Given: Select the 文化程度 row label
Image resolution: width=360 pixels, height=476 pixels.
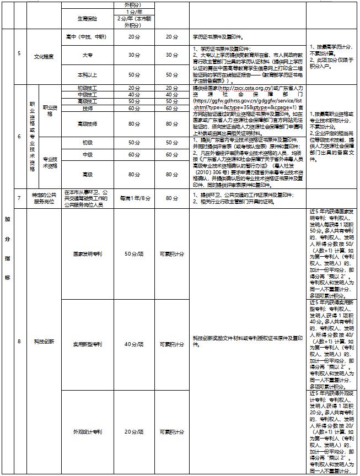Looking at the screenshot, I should tap(44, 57).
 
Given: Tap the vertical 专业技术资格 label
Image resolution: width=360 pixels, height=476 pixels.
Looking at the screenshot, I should tap(50, 162).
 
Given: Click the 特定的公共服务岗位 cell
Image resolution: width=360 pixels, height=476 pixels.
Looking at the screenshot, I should tap(44, 197).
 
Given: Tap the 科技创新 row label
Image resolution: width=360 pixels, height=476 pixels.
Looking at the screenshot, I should tap(44, 342).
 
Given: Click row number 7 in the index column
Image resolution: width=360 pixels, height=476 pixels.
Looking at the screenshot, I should tap(19, 197).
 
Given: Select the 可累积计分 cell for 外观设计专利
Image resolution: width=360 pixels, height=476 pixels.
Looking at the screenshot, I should tap(171, 431).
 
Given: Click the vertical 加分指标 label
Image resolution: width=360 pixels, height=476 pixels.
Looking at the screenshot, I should tap(7, 248).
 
